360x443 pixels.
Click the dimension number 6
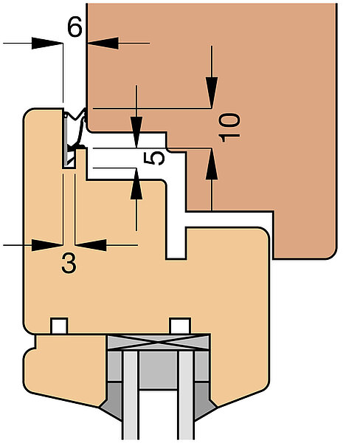point(75,27)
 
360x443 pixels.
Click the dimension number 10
point(229,128)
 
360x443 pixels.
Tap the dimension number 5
point(153,158)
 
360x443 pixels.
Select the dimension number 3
point(69,264)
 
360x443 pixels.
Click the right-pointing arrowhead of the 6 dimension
point(47,44)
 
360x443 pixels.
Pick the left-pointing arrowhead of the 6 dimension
point(103,44)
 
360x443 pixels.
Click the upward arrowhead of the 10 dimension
point(212,164)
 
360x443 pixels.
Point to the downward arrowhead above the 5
point(136,132)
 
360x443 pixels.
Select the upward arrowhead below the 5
point(136,184)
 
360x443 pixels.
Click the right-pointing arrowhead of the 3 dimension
point(47,245)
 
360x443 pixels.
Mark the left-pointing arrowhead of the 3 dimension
point(91,245)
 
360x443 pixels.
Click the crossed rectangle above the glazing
point(159,343)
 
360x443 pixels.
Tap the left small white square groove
point(59,326)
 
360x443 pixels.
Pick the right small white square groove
point(180,326)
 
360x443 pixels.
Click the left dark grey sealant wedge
point(111,399)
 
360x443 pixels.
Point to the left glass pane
point(131,396)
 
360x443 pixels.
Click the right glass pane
point(187,396)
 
